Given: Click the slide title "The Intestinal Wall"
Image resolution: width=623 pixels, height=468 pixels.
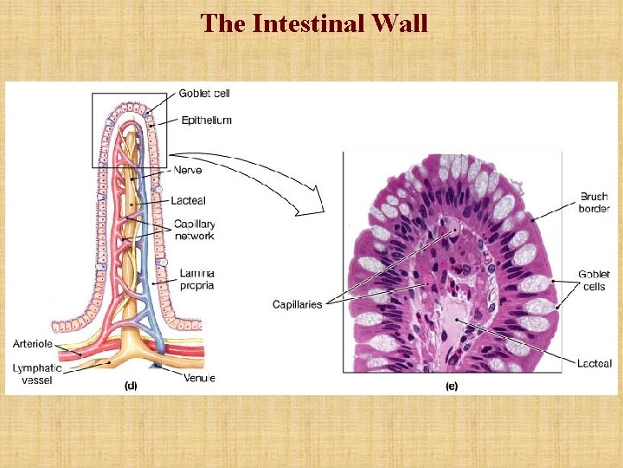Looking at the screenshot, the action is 313,23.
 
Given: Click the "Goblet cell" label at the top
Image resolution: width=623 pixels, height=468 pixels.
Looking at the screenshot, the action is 204,94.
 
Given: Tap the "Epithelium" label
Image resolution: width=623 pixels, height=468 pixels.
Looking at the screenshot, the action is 207,120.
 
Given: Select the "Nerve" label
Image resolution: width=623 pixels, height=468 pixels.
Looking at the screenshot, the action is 188,170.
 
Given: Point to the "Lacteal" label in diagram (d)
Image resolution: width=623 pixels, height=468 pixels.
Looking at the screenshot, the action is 189,200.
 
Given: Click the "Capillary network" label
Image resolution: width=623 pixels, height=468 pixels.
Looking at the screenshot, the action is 195,229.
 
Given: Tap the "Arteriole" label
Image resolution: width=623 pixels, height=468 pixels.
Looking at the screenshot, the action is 32,344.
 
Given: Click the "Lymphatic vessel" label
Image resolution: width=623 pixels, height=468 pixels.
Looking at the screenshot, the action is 36,374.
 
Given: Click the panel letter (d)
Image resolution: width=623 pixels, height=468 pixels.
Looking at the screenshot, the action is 130,386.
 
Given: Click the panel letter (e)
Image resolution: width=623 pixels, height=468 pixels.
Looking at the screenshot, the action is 451,386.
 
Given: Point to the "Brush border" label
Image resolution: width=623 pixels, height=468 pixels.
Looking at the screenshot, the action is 594,202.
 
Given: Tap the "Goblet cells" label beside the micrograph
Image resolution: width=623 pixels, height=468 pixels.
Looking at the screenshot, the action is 594,280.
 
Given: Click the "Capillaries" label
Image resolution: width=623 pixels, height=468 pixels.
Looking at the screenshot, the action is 297,304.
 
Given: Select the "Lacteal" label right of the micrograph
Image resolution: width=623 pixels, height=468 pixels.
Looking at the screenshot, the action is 594,363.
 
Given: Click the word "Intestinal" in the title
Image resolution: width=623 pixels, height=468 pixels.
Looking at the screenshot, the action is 299,23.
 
